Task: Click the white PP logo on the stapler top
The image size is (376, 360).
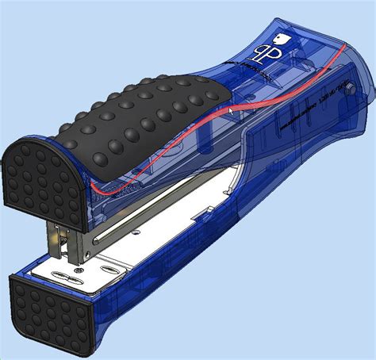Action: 263,54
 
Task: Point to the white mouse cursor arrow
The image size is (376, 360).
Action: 232,111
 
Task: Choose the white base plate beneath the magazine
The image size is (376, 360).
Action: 175,238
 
